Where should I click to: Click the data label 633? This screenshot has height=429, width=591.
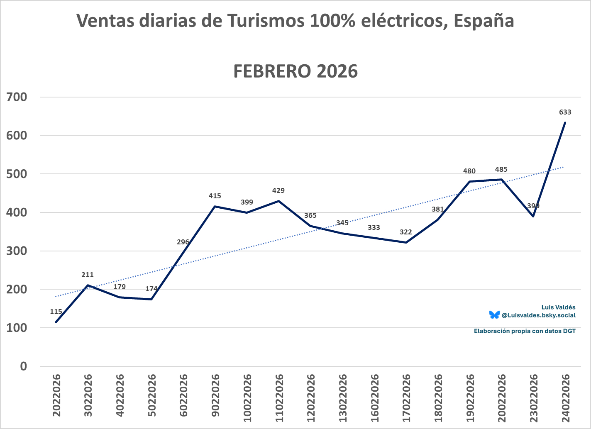point(565,112)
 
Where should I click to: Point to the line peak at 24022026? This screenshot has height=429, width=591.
point(565,122)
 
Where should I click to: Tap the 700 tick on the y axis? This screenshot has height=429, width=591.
point(17,97)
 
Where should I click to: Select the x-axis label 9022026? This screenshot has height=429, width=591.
point(215,392)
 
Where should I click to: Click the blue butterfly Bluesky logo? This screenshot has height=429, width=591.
point(494,315)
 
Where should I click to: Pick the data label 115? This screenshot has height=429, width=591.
point(56,312)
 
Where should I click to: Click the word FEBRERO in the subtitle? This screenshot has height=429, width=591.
point(271,71)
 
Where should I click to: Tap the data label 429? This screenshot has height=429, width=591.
point(278,191)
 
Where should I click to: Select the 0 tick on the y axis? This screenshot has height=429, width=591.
point(23,366)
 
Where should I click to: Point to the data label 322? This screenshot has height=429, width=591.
point(405,232)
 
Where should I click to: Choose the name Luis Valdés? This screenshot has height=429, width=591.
point(558,307)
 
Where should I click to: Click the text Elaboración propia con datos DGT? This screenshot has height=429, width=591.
point(525,331)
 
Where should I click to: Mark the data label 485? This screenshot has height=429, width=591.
point(501,169)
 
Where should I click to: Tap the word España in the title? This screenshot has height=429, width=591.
point(484,21)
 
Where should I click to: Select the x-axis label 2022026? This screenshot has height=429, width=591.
point(56,392)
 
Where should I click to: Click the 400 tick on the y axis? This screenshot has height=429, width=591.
point(17,212)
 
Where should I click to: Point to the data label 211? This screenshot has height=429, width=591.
point(88,275)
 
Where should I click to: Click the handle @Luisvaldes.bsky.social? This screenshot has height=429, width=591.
point(538,315)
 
